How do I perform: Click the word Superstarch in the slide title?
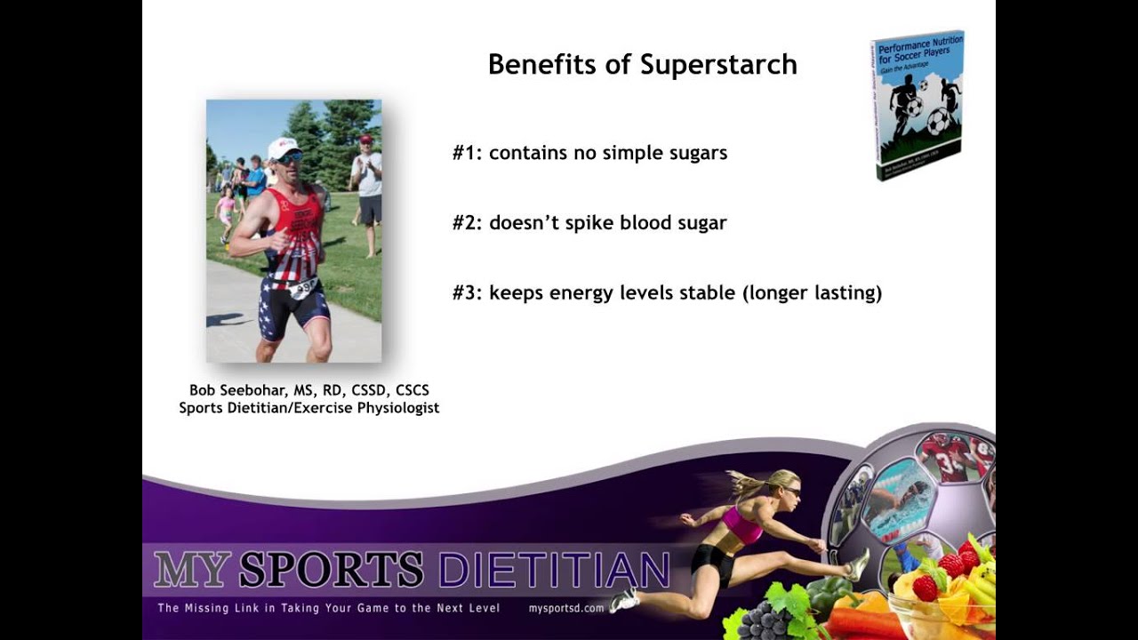[718, 65]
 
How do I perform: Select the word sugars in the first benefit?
[698, 153]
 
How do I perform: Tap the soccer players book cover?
[917, 105]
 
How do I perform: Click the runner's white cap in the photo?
[283, 147]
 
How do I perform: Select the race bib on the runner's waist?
[303, 287]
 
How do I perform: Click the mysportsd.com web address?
[566, 608]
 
